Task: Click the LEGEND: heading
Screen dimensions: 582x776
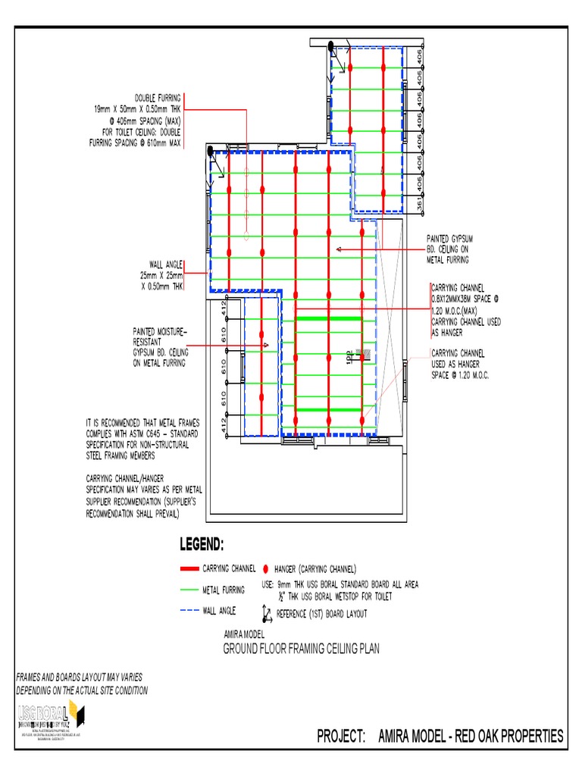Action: (201, 544)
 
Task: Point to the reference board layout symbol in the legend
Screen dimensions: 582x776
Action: (267, 612)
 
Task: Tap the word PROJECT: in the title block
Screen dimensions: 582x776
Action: (342, 736)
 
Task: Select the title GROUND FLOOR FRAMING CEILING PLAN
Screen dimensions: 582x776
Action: (300, 649)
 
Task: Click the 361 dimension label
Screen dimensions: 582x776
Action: (420, 202)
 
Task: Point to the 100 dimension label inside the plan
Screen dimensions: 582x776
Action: (350, 355)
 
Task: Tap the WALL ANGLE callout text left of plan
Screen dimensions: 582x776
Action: (167, 264)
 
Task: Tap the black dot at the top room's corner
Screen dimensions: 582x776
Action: (331, 47)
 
